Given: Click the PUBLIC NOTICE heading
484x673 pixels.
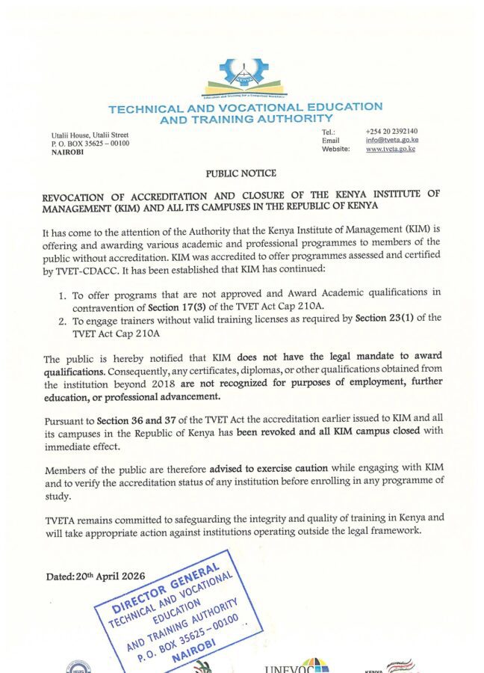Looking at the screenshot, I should (x=241, y=173).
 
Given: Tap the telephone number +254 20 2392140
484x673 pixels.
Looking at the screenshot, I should (x=391, y=131).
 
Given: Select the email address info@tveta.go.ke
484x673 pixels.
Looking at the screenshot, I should (x=391, y=140).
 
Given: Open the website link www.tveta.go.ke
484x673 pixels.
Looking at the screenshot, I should (x=390, y=149).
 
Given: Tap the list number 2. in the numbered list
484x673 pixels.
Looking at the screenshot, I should (x=63, y=318).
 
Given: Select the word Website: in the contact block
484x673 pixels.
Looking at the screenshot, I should (x=335, y=149).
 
